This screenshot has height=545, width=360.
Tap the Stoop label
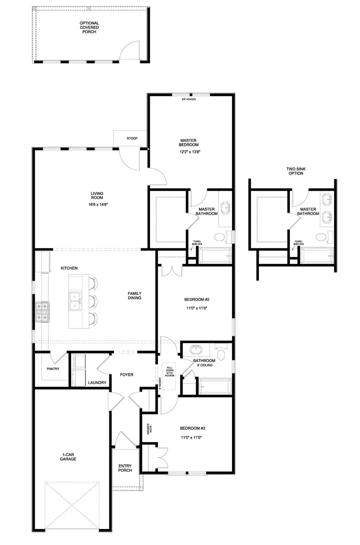pyautogui.click(x=132, y=138)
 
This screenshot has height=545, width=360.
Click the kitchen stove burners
pyautogui.click(x=41, y=310)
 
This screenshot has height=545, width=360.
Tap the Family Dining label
pyautogui.click(x=134, y=295)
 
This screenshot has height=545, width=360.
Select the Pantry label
pyautogui.click(x=52, y=369)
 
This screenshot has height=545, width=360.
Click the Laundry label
pyautogui.click(x=97, y=382)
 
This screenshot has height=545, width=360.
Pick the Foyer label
pyautogui.click(x=126, y=374)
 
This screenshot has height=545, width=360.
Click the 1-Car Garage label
pyautogui.click(x=68, y=455)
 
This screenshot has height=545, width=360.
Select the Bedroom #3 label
pyautogui.click(x=192, y=428)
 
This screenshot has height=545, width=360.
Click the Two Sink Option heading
pyautogui.click(x=295, y=171)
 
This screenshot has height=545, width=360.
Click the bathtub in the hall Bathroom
pyautogui.click(x=214, y=386)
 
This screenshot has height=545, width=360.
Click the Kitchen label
pyautogui.click(x=69, y=268)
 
